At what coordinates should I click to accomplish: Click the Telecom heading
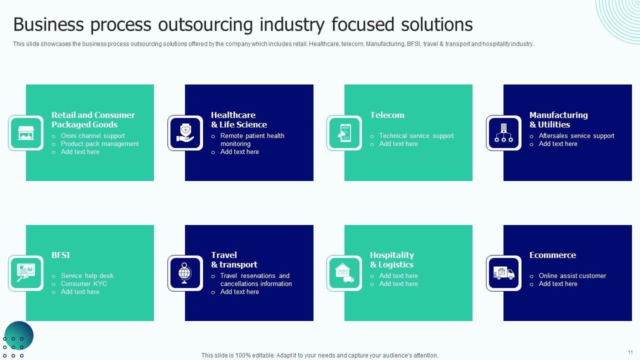click(387, 115)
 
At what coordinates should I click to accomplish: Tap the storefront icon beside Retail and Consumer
click(26, 133)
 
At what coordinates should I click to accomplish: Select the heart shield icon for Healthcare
click(185, 133)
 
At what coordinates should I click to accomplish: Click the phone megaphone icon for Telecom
click(344, 133)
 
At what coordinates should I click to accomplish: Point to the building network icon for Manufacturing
click(503, 133)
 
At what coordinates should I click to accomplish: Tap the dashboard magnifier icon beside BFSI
click(26, 273)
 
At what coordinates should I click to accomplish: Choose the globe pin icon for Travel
click(185, 273)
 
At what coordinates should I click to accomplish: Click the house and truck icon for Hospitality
click(344, 273)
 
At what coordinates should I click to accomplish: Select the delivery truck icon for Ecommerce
click(503, 273)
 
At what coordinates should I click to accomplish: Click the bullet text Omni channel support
click(93, 135)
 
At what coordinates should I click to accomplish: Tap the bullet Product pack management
click(99, 143)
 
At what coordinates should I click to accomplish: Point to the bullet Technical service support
click(416, 135)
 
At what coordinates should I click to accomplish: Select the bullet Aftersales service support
click(576, 135)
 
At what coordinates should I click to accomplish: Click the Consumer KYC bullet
click(84, 283)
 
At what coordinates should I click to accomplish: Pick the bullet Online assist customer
click(572, 275)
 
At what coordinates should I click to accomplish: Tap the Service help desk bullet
click(87, 275)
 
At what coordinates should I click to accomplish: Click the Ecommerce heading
click(552, 255)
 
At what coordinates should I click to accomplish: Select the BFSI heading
click(60, 255)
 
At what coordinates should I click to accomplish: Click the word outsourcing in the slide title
click(205, 24)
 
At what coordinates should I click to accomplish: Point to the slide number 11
click(630, 352)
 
